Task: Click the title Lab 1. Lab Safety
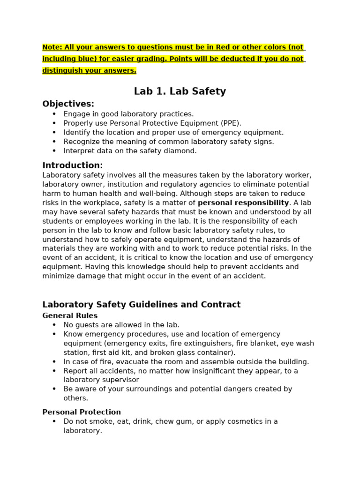pos(180,91)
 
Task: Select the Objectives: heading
pos(68,104)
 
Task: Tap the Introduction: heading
pos(72,165)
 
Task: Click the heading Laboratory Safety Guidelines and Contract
pos(141,305)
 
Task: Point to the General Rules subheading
pos(70,316)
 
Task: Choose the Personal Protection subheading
pos(81,412)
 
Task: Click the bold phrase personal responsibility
pos(243,203)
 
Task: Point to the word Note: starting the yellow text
pos(52,47)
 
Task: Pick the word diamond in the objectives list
pos(182,151)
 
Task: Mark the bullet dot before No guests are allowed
pos(54,325)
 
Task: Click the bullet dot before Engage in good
pos(54,114)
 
